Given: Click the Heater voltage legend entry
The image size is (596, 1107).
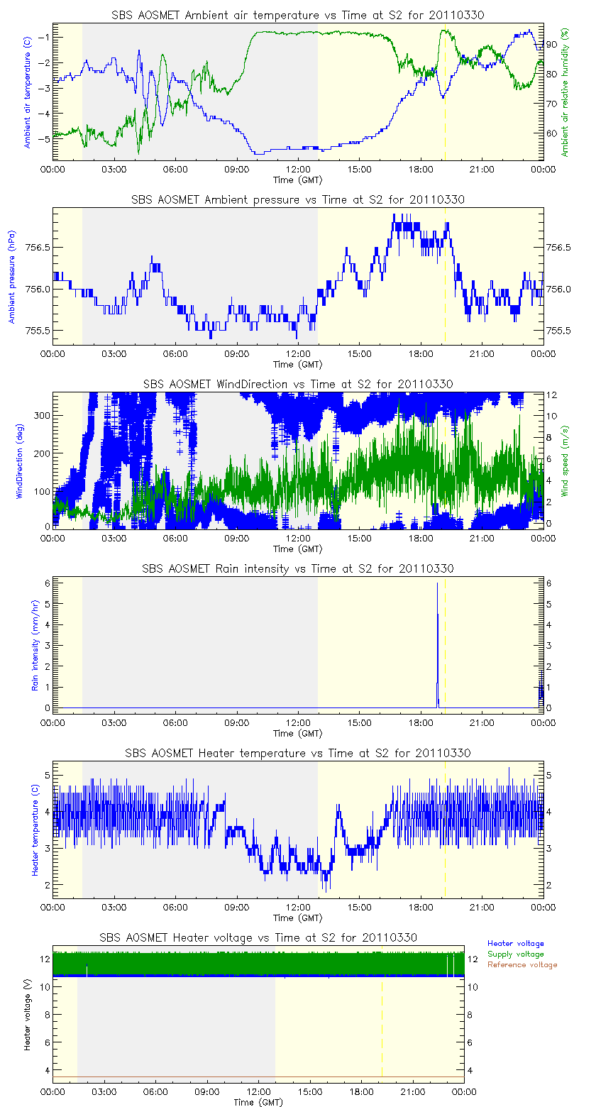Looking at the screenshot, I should pyautogui.click(x=515, y=943).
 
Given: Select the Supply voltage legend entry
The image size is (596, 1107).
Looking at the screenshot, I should pyautogui.click(x=515, y=954).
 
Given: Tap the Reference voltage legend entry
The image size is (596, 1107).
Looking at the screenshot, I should pyautogui.click(x=522, y=964).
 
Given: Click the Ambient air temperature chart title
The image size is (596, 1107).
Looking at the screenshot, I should pyautogui.click(x=298, y=16).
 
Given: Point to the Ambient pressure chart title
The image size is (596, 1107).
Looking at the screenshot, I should pyautogui.click(x=298, y=200).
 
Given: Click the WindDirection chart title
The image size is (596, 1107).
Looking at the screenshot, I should pyautogui.click(x=298, y=384).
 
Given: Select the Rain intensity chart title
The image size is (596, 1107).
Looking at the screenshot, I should pyautogui.click(x=298, y=568).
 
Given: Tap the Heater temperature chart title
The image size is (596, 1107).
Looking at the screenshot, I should pyautogui.click(x=298, y=753).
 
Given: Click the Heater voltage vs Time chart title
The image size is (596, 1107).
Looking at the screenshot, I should pyautogui.click(x=258, y=937).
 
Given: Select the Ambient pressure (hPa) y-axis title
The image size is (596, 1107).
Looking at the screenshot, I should pyautogui.click(x=12, y=275).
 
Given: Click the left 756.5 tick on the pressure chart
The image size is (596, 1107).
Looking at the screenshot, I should pyautogui.click(x=39, y=248).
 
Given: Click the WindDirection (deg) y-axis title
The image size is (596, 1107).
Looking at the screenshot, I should pyautogui.click(x=19, y=460).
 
